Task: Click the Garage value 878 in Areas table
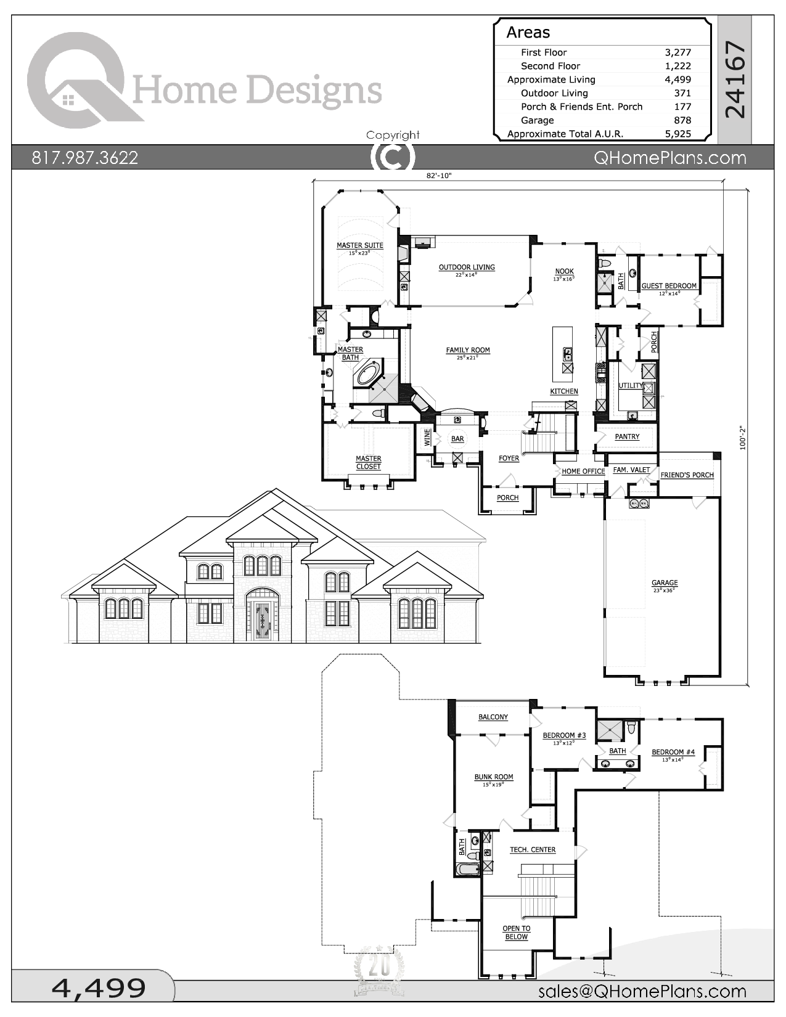point(682,120)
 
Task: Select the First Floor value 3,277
point(678,52)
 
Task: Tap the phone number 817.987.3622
point(85,158)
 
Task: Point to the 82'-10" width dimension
point(439,176)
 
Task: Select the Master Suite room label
point(359,245)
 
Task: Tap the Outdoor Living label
point(467,268)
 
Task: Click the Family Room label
point(468,350)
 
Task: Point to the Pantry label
point(627,436)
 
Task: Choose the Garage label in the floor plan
point(665,582)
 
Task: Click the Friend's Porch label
point(687,475)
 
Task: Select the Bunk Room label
point(494,777)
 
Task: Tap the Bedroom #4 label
point(673,752)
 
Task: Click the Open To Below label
point(517,933)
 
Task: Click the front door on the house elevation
point(262,621)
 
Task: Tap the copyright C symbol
point(392,157)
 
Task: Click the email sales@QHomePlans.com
point(642,991)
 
